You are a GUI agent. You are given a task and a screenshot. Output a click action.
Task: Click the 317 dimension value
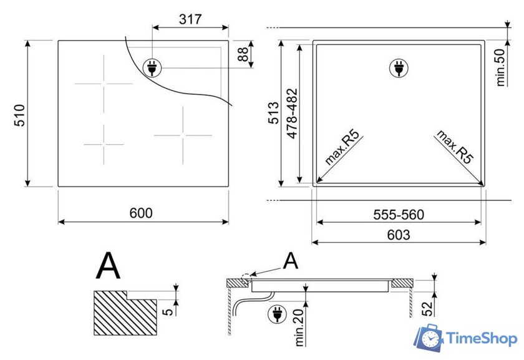click(190, 19)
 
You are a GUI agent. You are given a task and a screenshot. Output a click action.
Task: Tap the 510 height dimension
click(19, 115)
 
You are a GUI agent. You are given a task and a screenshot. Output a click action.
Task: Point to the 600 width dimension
click(141, 213)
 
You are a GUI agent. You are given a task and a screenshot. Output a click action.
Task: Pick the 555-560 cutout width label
click(399, 215)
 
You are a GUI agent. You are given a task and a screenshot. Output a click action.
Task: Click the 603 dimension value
click(399, 235)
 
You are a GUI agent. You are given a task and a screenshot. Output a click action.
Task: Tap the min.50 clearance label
click(500, 67)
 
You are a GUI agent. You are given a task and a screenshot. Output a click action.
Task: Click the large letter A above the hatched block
click(108, 266)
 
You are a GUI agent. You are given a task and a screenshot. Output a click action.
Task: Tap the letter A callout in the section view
click(291, 261)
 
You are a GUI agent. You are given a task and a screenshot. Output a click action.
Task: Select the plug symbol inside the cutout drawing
click(397, 68)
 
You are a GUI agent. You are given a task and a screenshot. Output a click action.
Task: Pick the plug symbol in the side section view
click(274, 314)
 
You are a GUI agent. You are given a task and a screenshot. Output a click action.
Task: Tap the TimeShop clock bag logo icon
click(429, 338)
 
